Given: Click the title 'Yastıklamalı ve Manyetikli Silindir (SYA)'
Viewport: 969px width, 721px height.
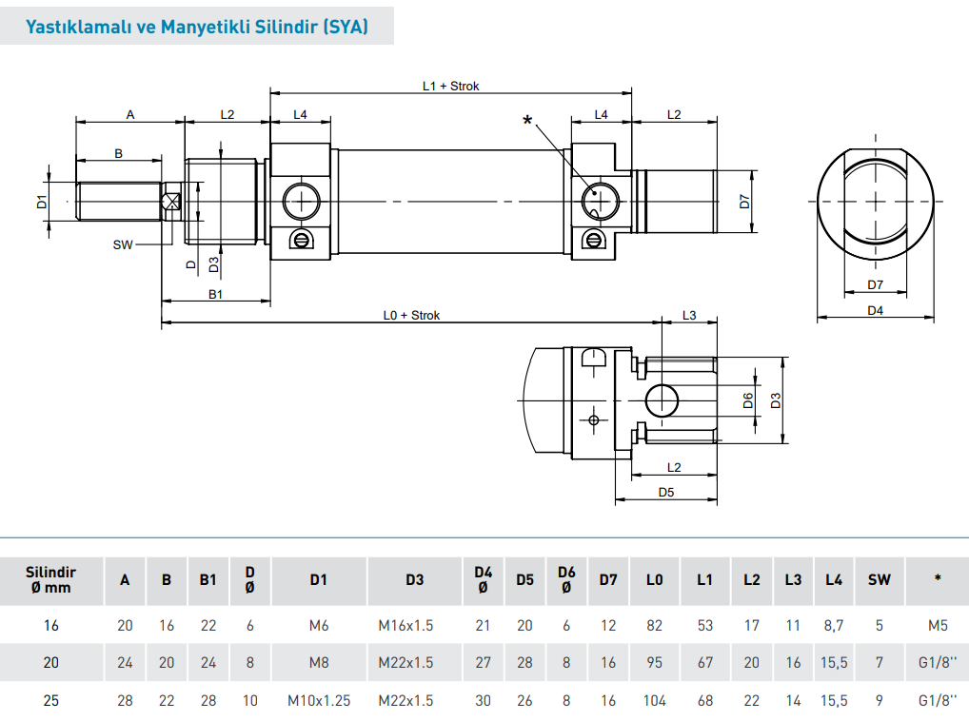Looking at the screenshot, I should pos(197,27).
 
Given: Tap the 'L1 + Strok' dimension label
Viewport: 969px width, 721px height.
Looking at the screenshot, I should pos(450,86).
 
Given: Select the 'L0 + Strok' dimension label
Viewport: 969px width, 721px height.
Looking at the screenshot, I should pos(411,315).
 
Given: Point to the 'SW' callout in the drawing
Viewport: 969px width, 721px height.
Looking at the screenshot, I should pos(122,244).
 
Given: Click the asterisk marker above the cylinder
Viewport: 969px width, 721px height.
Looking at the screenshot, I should pos(527,121).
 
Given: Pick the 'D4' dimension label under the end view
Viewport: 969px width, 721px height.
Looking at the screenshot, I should pos(875,310).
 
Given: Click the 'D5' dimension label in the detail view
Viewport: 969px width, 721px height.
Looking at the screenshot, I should pos(665,492).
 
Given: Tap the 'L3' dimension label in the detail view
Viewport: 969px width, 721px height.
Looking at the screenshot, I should pos(689,315).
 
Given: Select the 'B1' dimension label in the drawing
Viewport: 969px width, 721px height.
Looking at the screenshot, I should pos(215,294).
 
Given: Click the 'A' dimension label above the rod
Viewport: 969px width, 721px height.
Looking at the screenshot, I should pos(130,114).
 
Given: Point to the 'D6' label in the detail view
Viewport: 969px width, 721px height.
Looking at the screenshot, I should pos(748,400).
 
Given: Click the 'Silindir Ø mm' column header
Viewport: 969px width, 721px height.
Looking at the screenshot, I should pos(50,579).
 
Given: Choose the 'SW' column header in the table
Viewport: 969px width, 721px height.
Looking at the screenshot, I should pos(879,579).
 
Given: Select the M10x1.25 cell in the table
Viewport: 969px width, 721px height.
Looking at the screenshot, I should pos(319,701).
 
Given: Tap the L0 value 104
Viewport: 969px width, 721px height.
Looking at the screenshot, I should pos(654,701).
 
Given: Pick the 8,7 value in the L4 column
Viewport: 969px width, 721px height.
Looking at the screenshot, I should pos(834,626).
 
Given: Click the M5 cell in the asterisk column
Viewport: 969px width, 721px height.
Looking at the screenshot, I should pos(937,626).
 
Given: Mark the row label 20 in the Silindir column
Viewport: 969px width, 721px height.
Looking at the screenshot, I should pos(51,663).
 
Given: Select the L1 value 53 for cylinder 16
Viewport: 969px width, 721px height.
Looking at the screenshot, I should pos(704,626).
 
